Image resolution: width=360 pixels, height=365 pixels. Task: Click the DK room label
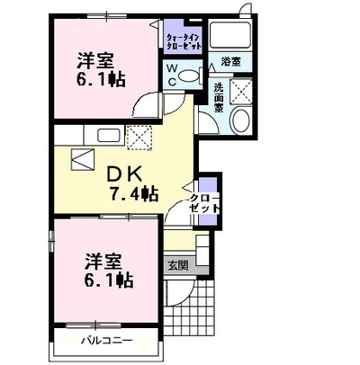124,174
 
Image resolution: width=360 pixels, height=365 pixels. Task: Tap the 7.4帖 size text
134,194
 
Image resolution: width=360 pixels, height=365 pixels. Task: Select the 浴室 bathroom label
230,62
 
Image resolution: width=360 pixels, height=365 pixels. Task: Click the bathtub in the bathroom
230,35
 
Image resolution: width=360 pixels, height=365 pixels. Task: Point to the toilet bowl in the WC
190,76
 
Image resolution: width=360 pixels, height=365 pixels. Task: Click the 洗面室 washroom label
218,97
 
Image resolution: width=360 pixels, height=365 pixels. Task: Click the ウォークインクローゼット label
184,41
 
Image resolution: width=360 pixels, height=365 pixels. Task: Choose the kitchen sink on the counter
109,136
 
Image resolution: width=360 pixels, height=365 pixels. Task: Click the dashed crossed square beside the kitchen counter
139,138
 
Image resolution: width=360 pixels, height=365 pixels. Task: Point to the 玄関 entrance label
178,265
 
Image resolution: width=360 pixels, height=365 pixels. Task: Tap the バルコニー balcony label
107,341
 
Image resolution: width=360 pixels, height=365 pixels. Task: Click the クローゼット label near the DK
204,204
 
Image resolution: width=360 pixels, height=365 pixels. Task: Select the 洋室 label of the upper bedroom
96,60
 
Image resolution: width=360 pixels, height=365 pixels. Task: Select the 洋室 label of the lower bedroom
104,262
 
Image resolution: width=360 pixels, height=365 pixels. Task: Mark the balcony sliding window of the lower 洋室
95,325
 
